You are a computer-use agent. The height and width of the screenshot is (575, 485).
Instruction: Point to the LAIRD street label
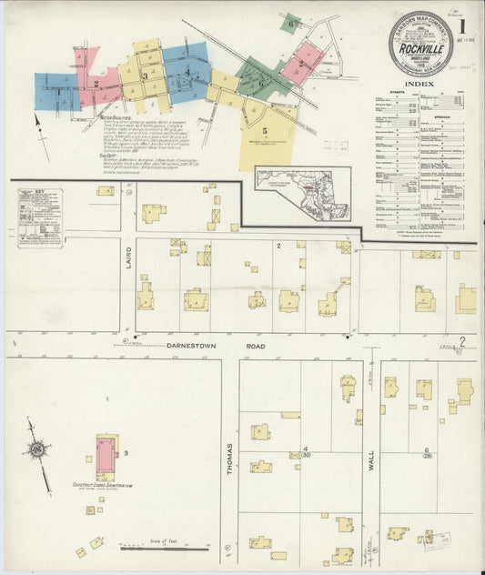tap(129, 264)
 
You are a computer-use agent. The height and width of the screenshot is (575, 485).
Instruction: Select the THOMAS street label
tap(231, 457)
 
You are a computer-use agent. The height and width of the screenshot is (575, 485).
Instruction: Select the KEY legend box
tap(39, 217)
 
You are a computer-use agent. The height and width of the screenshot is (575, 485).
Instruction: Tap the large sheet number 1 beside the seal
tap(462, 26)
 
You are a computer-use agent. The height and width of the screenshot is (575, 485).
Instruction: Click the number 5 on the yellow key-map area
tap(265, 131)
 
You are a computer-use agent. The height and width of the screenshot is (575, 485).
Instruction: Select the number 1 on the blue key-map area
tap(60, 91)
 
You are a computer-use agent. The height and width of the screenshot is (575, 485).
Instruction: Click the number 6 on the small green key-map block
tap(290, 23)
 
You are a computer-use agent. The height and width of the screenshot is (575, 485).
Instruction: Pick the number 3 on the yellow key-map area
tap(145, 76)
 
